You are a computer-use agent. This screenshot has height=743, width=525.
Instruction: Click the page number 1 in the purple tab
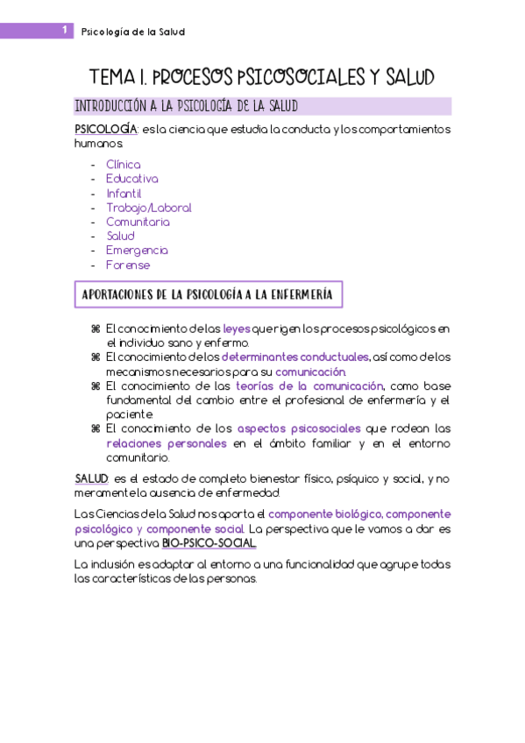tap(66, 32)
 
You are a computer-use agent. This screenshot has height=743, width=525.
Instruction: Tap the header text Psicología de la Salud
tap(132, 32)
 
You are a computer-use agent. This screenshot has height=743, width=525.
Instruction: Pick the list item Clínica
tap(123, 164)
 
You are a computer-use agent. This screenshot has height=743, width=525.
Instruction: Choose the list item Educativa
tap(131, 179)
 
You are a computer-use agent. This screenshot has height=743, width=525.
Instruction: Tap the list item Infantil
tap(124, 193)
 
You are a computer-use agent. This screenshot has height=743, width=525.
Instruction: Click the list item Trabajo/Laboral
tap(148, 208)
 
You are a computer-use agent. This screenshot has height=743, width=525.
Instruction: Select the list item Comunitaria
tap(138, 222)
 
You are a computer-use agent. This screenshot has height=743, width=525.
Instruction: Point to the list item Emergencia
tap(137, 251)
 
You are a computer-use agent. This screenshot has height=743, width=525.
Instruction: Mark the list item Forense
tap(128, 265)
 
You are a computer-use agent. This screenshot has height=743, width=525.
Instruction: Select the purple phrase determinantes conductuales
tap(295, 357)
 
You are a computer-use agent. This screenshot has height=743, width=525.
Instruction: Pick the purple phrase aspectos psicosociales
tap(299, 428)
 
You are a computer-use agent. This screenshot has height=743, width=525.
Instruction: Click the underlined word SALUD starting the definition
tap(91, 479)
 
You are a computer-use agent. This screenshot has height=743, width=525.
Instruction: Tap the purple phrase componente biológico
tap(324, 514)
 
